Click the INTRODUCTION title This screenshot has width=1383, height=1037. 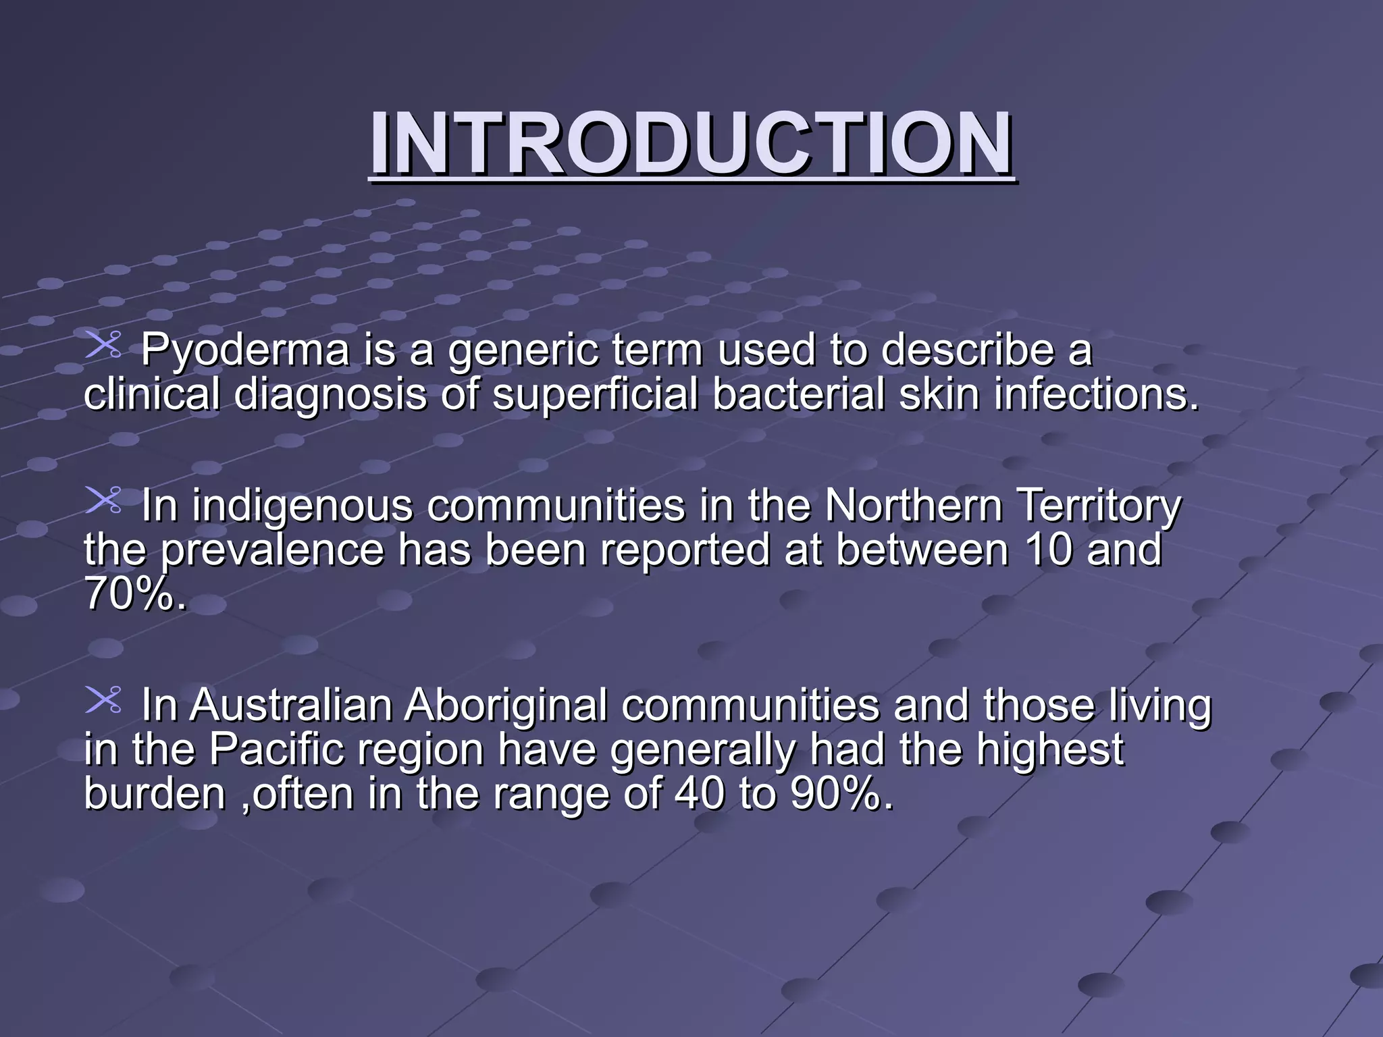point(691,143)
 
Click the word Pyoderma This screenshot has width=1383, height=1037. point(245,350)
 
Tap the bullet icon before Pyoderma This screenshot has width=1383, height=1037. point(103,344)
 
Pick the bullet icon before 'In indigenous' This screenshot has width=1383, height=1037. point(103,500)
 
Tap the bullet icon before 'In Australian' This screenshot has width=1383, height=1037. point(103,699)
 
